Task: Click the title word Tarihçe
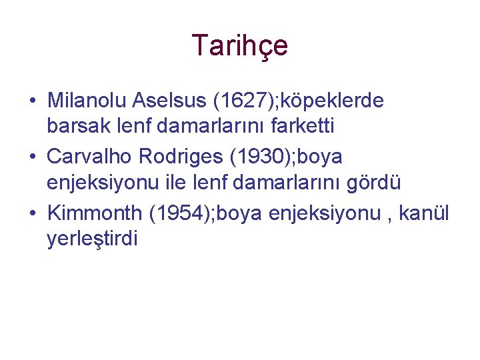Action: click(240, 45)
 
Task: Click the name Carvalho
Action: click(89, 157)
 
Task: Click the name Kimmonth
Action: click(95, 213)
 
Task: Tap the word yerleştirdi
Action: click(92, 238)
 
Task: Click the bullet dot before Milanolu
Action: click(33, 101)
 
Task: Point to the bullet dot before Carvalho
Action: click(33, 158)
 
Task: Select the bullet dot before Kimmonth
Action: click(33, 214)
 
